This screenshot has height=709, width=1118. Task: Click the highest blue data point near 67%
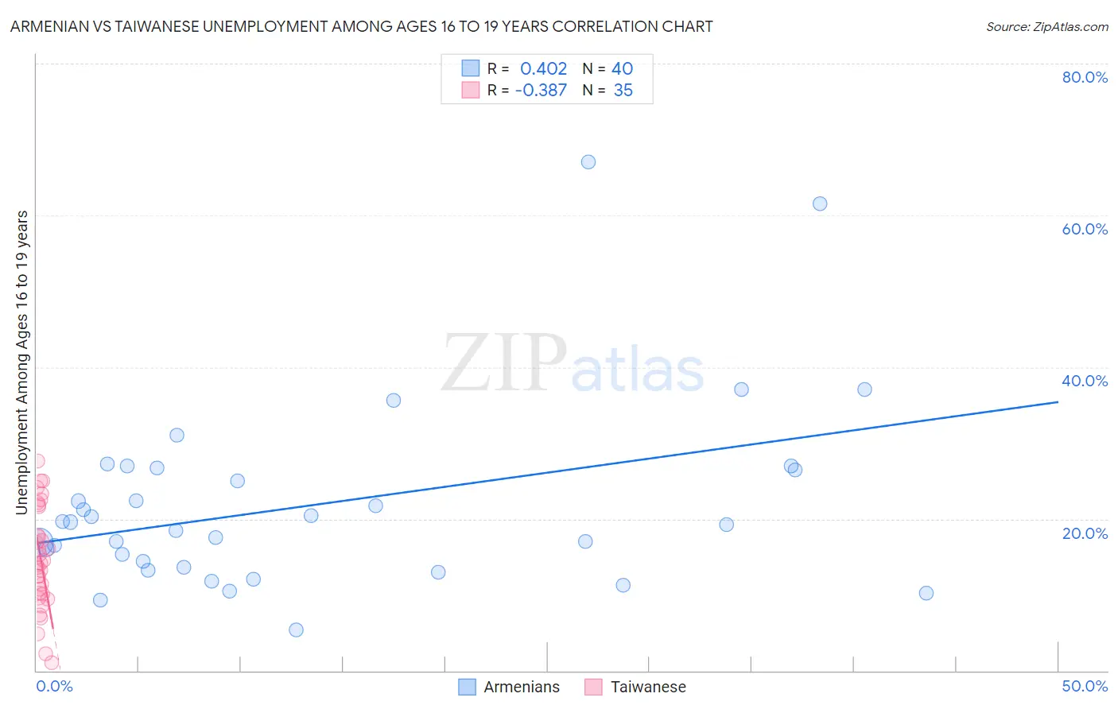click(588, 162)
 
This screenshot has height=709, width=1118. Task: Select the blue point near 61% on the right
click(820, 204)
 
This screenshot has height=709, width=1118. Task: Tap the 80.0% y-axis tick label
click(1085, 78)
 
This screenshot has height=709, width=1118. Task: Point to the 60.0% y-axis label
click(1085, 230)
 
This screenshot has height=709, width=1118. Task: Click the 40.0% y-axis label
click(1085, 382)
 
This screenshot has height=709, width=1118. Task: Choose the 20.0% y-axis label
click(1085, 533)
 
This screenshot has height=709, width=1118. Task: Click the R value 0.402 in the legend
click(543, 69)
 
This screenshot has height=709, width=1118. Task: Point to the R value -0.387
click(541, 91)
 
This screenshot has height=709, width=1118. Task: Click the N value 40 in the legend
click(622, 69)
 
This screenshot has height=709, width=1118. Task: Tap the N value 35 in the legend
click(623, 91)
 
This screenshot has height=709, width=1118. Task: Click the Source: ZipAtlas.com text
click(1046, 27)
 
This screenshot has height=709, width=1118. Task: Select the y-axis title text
click(22, 362)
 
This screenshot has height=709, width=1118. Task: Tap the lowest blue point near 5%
click(296, 630)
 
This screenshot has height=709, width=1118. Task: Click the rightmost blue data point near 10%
click(926, 594)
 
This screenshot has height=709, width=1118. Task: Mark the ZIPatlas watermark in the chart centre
click(573, 364)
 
